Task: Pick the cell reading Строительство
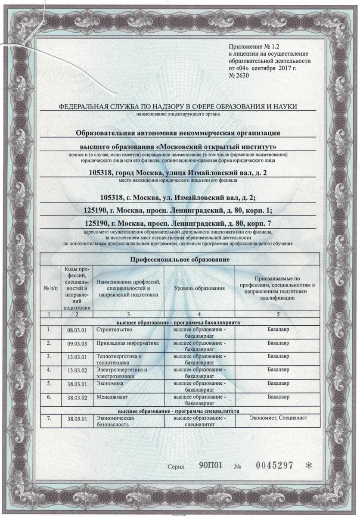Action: [114, 330]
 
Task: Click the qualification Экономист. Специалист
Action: [277, 417]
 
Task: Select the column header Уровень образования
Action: [199, 287]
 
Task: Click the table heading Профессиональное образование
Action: [180, 259]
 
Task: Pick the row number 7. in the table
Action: [49, 418]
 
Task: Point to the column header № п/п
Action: [50, 288]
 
